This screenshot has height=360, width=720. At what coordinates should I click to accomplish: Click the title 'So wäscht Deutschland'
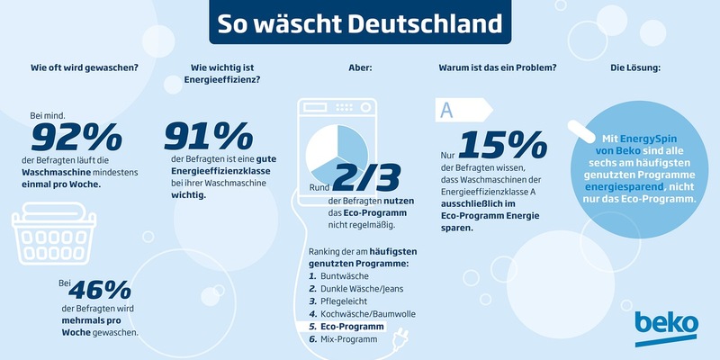359,22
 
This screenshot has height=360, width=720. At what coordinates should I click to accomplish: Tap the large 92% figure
76,138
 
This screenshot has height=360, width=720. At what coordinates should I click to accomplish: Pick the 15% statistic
501,147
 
